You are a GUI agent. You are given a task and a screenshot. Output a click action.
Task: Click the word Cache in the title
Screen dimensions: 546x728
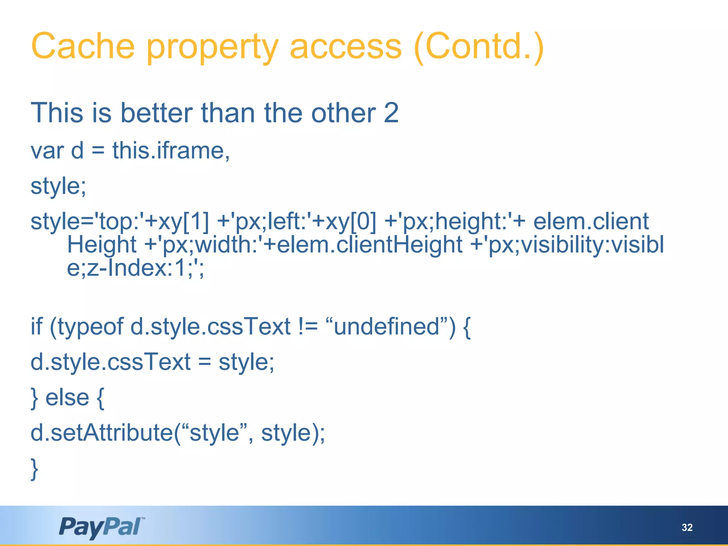click(83, 46)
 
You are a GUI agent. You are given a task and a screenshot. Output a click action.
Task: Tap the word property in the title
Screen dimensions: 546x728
click(212, 48)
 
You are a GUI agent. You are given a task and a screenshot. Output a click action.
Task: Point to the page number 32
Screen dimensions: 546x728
click(687, 527)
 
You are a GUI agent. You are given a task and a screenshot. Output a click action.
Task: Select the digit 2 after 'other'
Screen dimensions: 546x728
click(391, 113)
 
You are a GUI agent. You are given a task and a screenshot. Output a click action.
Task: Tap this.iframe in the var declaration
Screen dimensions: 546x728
click(171, 150)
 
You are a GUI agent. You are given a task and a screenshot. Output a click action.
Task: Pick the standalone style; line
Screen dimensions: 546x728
click(58, 186)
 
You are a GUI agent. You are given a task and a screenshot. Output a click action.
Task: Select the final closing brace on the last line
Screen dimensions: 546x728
click(34, 469)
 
